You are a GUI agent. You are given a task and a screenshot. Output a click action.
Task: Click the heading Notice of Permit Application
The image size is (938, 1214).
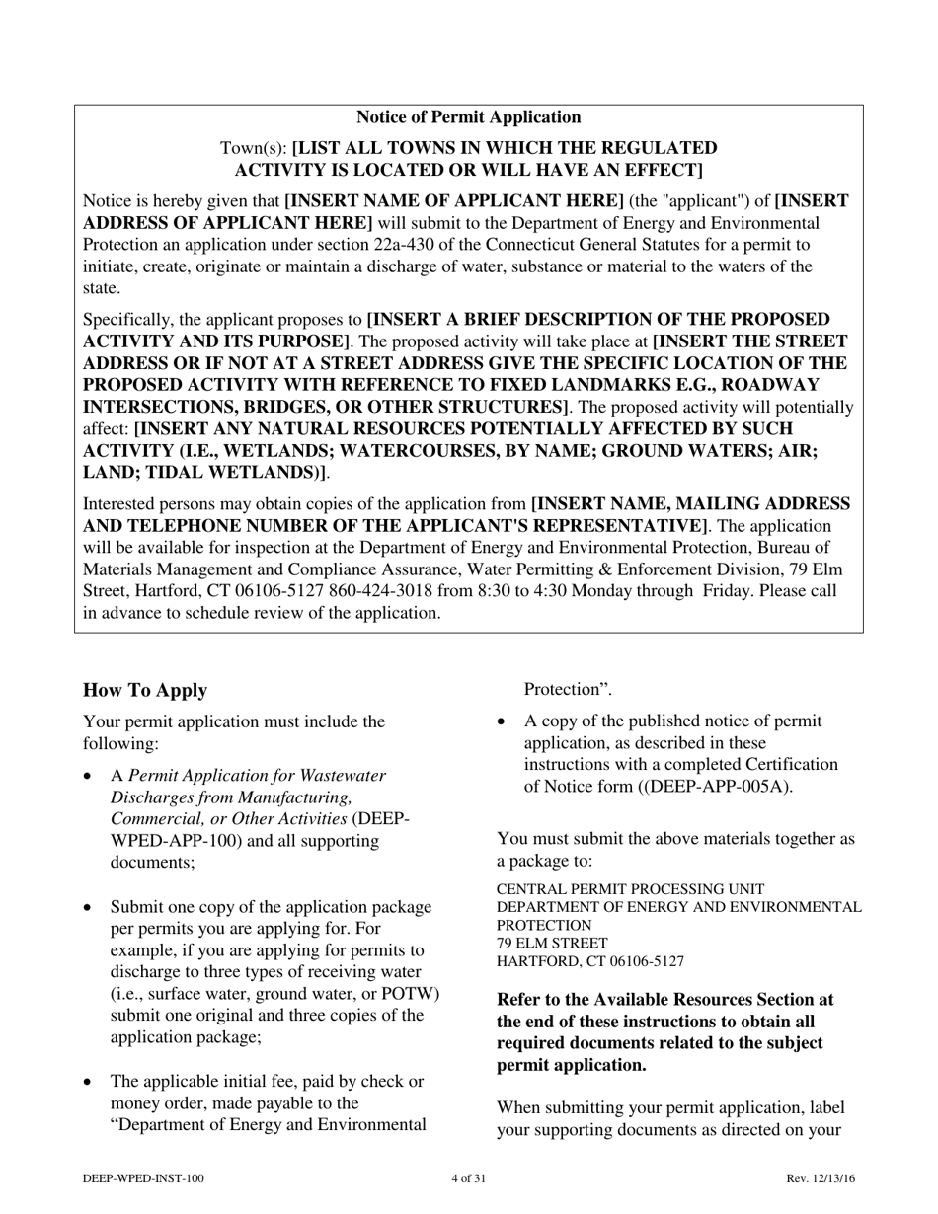(468, 117)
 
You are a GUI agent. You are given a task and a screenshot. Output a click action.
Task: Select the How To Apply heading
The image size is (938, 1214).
(145, 690)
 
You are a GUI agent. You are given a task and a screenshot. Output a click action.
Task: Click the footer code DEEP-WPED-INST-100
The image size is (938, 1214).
(144, 1178)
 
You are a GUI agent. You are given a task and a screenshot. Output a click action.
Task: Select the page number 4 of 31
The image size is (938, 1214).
(468, 1178)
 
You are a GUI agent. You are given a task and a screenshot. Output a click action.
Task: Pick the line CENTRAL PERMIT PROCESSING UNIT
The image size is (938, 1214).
(630, 889)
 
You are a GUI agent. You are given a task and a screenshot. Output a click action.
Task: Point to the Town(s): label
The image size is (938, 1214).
(253, 148)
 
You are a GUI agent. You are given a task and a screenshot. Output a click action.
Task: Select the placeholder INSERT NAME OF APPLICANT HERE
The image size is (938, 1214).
(454, 201)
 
